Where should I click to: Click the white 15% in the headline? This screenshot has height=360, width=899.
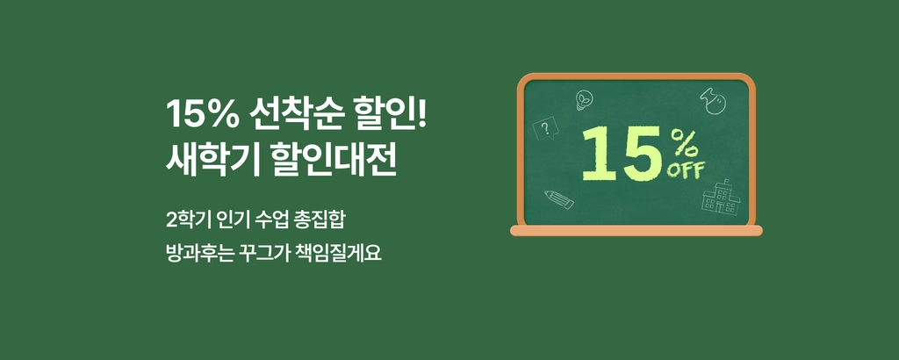tap(203, 113)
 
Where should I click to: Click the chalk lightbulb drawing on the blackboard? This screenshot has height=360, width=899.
tap(584, 100)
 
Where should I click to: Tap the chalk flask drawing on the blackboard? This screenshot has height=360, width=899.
tap(713, 100)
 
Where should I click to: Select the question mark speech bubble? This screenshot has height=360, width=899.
tap(544, 128)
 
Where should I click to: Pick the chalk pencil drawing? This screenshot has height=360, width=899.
tap(559, 199)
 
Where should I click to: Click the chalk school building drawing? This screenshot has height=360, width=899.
tap(722, 197)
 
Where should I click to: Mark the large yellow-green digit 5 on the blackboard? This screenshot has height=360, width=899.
tap(643, 154)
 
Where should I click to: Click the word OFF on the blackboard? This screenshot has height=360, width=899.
tap(686, 170)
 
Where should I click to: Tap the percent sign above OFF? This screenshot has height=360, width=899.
tap(684, 144)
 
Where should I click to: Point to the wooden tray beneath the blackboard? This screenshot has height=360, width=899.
tap(636, 230)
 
